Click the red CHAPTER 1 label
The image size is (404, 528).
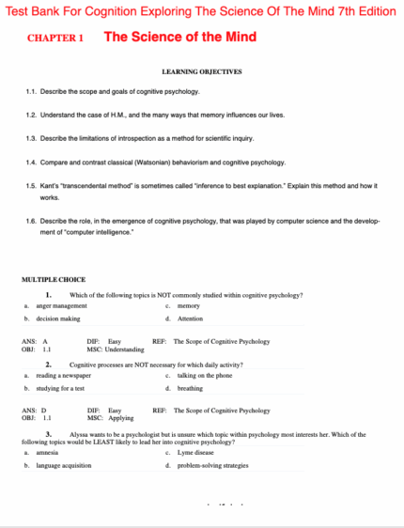pos(55,39)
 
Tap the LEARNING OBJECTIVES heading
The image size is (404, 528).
pos(202,71)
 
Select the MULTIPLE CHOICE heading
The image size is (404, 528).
pos(53,280)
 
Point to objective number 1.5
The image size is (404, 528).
pos(32,185)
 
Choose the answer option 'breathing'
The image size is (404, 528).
pos(190,388)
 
